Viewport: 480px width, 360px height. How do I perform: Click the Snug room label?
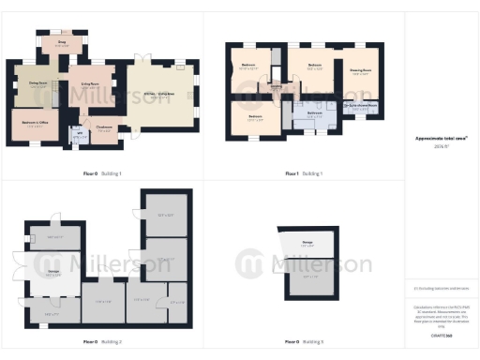click(62, 42)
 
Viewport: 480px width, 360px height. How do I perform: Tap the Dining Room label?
click(38, 83)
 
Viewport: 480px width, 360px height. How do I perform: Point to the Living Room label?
click(92, 85)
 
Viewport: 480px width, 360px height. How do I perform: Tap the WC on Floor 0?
click(78, 135)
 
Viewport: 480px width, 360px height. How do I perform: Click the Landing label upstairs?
click(277, 89)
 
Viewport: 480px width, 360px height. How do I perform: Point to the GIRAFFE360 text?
click(441, 334)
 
